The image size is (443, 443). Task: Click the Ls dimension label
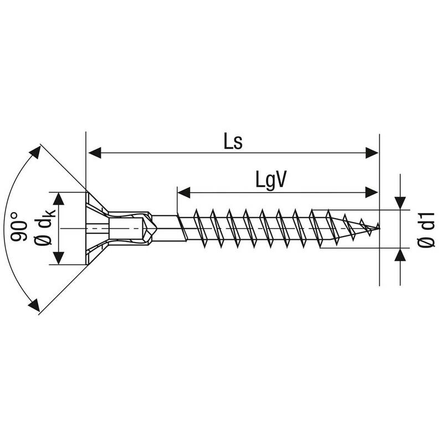233,141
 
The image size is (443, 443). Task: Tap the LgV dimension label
271,179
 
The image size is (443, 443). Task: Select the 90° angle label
19,227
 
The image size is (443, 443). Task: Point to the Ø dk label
44,227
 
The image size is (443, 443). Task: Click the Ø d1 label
426,230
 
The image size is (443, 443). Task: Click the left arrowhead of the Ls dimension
95,153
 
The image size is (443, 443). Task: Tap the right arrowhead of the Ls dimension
372,153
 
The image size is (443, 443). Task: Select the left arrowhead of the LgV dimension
184,192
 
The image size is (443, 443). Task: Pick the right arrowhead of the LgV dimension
372,192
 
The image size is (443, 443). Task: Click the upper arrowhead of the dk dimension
59,199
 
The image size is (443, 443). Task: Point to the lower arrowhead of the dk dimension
59,258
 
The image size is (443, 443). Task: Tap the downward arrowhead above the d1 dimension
400,203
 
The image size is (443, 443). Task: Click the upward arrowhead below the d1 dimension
400,255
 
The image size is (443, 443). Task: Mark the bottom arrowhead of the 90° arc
34,305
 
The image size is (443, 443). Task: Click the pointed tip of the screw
379,228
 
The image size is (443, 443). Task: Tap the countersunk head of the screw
96,228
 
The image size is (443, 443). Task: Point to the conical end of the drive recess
151,228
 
